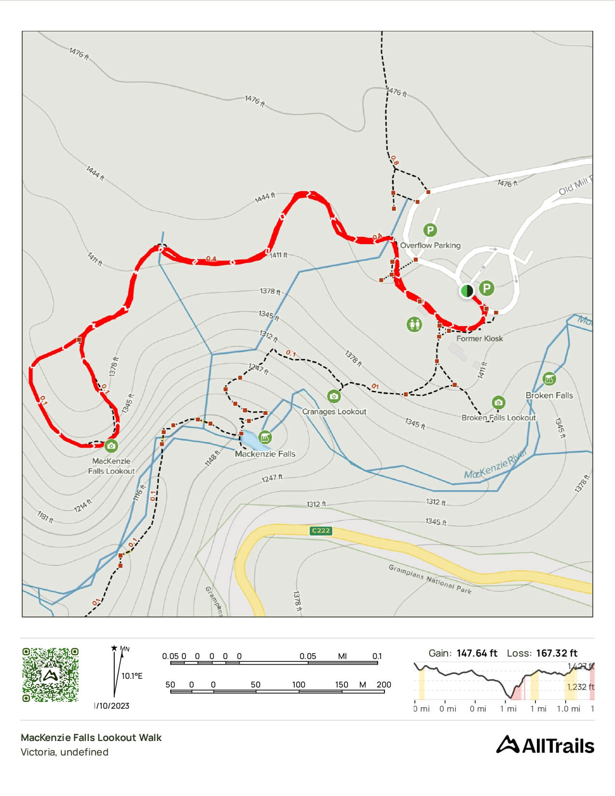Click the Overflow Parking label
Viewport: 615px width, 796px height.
pyautogui.click(x=430, y=245)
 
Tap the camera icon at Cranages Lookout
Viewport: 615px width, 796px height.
pyautogui.click(x=333, y=397)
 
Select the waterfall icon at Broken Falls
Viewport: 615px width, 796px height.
pyautogui.click(x=549, y=379)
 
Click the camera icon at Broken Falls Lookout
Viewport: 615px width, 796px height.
pyautogui.click(x=498, y=402)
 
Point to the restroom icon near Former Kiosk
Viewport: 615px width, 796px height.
pyautogui.click(x=414, y=324)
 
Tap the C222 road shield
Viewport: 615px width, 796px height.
pyautogui.click(x=321, y=531)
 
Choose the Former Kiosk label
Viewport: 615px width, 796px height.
pyautogui.click(x=479, y=339)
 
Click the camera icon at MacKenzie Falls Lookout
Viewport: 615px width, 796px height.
pyautogui.click(x=111, y=445)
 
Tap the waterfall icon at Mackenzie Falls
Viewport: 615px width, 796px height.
pyautogui.click(x=265, y=438)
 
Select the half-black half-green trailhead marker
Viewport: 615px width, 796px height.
pyautogui.click(x=466, y=291)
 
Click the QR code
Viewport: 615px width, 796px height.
pyautogui.click(x=50, y=674)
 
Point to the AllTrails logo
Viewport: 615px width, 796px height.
pyautogui.click(x=545, y=745)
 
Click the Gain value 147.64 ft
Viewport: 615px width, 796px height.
pyautogui.click(x=477, y=653)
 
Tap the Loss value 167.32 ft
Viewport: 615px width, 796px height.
pyautogui.click(x=556, y=653)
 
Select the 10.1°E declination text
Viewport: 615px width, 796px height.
pyautogui.click(x=132, y=676)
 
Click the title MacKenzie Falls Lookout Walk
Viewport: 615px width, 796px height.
pyautogui.click(x=91, y=737)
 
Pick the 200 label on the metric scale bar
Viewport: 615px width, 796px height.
pyautogui.click(x=384, y=685)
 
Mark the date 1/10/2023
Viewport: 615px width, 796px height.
pyautogui.click(x=112, y=706)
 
